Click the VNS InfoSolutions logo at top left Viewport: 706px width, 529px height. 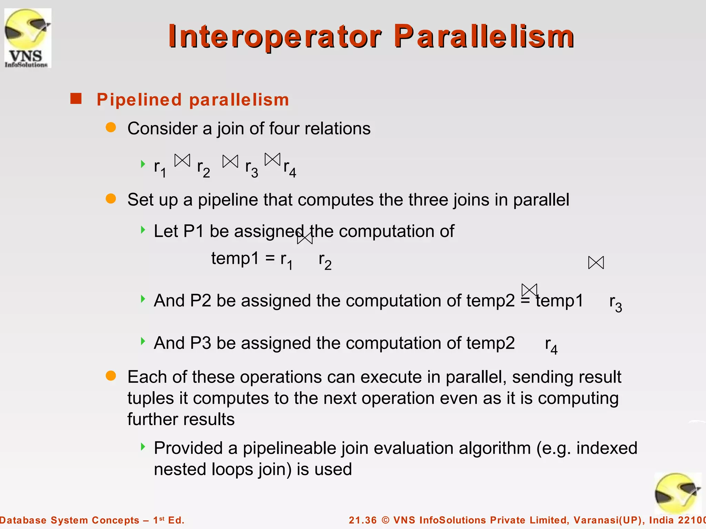click(x=28, y=38)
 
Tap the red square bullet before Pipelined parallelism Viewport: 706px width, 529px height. click(x=76, y=99)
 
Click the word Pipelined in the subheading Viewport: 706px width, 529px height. click(x=139, y=100)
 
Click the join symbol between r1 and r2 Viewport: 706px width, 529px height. click(x=182, y=160)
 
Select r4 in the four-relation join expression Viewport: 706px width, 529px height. click(x=290, y=168)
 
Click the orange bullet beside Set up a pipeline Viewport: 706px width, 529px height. click(x=111, y=199)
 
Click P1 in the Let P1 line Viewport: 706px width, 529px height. click(x=193, y=231)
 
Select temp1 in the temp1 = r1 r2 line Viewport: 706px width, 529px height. click(x=235, y=258)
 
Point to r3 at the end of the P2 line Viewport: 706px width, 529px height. click(x=615, y=303)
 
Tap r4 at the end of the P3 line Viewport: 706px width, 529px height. click(x=551, y=345)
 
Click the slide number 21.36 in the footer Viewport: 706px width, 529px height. click(x=363, y=520)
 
